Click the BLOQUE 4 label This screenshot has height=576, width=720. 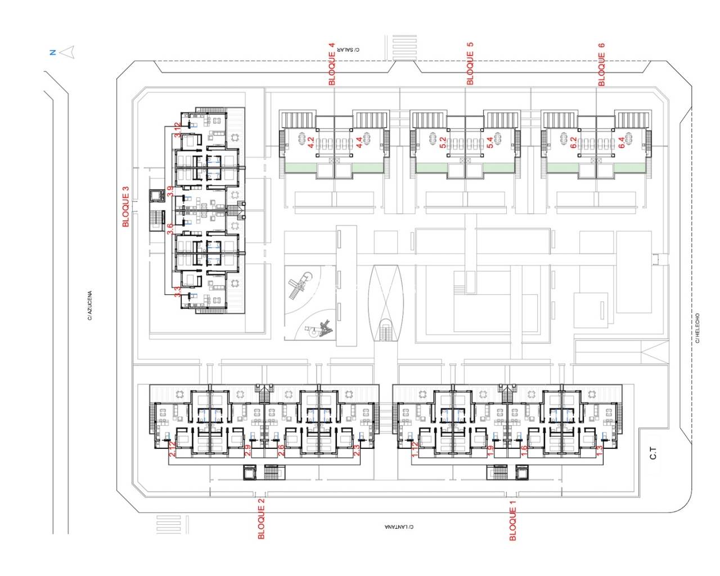click(x=332, y=64)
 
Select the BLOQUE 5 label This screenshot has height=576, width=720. click(x=470, y=64)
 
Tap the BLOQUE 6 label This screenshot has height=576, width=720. click(x=601, y=65)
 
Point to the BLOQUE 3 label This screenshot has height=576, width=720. click(x=126, y=207)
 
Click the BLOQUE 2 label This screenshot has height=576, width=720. click(x=261, y=519)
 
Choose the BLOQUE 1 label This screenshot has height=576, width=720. click(x=512, y=521)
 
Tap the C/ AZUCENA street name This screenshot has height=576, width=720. click(x=89, y=305)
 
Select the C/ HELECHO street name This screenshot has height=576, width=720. click(x=697, y=328)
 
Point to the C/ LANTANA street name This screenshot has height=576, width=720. click(x=399, y=527)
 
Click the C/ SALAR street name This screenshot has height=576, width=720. click(x=349, y=49)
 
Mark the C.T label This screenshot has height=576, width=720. click(x=654, y=453)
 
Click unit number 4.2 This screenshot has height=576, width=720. click(x=310, y=143)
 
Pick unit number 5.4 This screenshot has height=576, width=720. click(x=489, y=143)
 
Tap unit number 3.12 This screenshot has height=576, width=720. click(x=177, y=130)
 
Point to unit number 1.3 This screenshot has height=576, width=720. click(x=600, y=450)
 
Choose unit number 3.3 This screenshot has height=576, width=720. click(x=177, y=292)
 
